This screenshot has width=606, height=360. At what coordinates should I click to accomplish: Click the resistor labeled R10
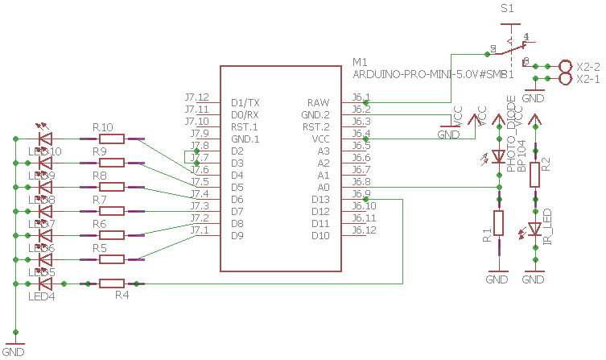112,139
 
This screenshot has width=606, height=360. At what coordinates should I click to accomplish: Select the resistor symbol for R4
112,283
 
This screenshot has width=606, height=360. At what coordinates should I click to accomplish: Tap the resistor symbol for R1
499,223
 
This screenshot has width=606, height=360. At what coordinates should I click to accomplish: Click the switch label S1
507,9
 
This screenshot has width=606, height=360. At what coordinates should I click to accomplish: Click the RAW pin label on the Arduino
318,103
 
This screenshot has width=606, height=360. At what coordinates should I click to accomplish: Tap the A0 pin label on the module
323,187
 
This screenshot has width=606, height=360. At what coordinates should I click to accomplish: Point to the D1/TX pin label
245,103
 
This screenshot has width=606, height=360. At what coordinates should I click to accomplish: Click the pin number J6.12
365,230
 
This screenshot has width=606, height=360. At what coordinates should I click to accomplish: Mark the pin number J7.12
196,97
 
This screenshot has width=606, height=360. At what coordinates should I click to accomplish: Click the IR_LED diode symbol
534,230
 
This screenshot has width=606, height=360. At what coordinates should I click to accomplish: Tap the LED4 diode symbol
46,283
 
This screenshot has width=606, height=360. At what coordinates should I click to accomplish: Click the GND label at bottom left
14,352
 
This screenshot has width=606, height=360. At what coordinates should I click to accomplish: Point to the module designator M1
361,62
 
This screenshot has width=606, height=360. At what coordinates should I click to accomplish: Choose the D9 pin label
237,235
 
